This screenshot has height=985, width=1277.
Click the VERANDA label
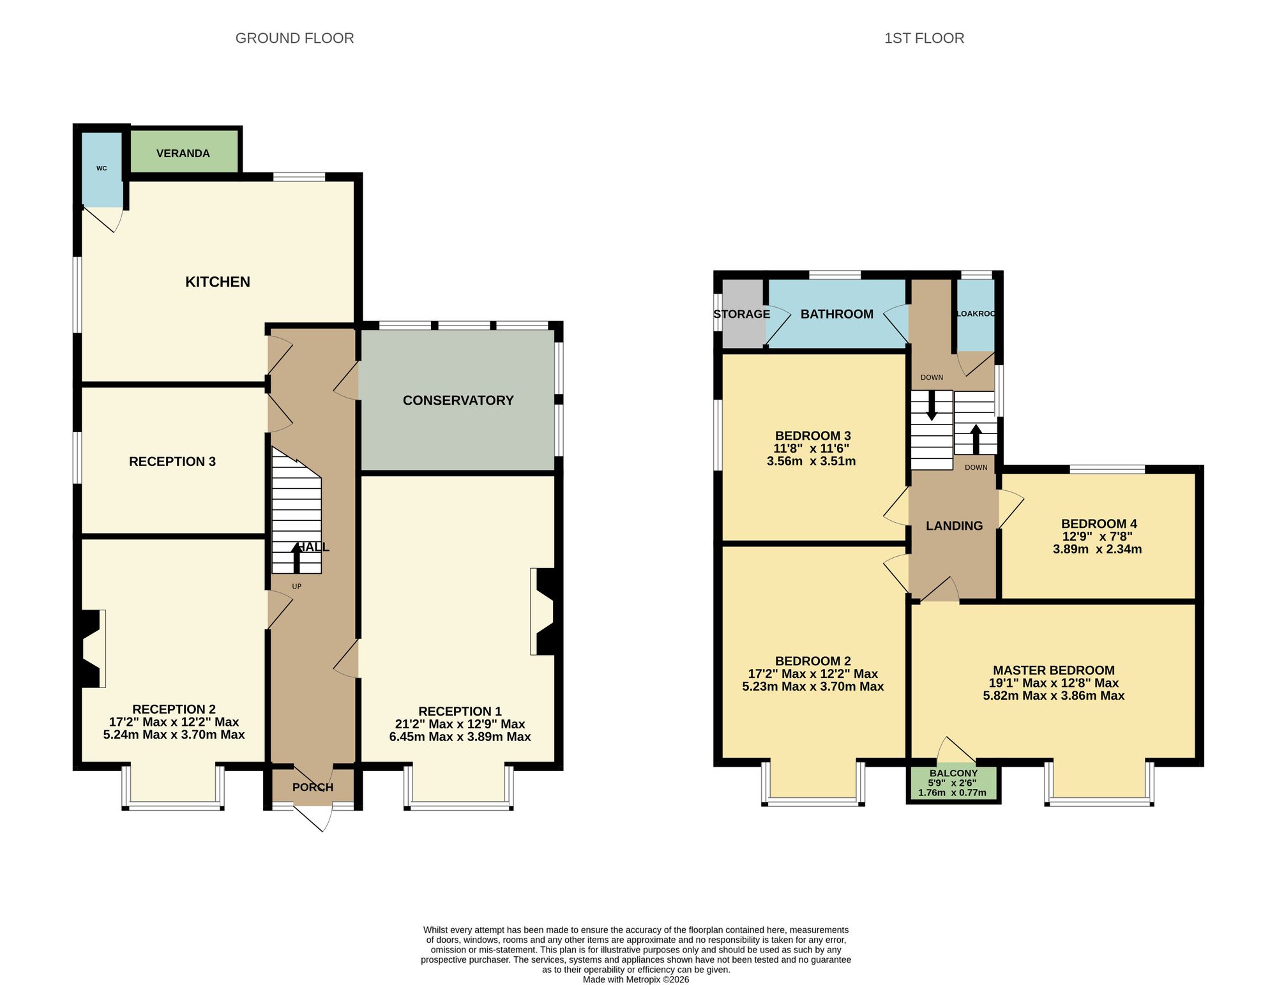[x=183, y=153]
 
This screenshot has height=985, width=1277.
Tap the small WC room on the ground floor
[x=102, y=169]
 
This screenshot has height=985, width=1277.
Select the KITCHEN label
[x=218, y=282]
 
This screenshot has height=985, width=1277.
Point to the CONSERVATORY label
[x=458, y=400]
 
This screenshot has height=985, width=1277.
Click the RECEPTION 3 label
[x=172, y=462]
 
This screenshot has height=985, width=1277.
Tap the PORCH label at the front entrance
[x=313, y=787]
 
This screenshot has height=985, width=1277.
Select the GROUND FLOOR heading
[x=294, y=38]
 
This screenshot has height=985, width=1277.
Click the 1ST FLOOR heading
[x=924, y=38]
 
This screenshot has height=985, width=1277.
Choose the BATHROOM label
[x=836, y=314]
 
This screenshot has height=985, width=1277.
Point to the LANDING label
[x=954, y=525]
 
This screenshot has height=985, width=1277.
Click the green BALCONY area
[x=953, y=783]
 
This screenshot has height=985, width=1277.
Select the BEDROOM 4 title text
[x=1099, y=524]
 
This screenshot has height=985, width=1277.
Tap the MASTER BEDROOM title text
[x=1054, y=670]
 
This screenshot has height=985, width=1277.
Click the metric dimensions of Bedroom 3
[x=811, y=461]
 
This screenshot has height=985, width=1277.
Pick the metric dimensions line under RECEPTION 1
[x=460, y=737]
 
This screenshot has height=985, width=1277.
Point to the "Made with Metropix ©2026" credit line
[x=636, y=979]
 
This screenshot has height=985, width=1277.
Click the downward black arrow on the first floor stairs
[x=932, y=405]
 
